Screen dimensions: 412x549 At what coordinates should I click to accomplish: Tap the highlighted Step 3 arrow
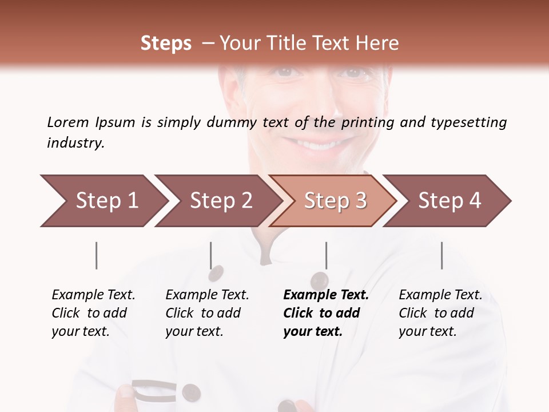pyautogui.click(x=333, y=201)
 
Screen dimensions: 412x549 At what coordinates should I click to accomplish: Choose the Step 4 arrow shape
pyautogui.click(x=448, y=201)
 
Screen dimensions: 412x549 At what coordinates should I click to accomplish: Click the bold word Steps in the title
pyautogui.click(x=166, y=43)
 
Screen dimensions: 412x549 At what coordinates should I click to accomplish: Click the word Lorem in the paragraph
pyautogui.click(x=68, y=122)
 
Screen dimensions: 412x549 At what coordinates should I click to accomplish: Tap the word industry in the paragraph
pyautogui.click(x=75, y=143)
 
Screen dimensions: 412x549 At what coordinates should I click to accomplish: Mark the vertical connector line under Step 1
pyautogui.click(x=96, y=255)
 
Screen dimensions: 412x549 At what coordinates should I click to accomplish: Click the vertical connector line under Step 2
pyautogui.click(x=210, y=255)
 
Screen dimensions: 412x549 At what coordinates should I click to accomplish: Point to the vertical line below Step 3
pyautogui.click(x=326, y=255)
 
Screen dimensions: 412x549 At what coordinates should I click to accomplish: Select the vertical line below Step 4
pyautogui.click(x=441, y=255)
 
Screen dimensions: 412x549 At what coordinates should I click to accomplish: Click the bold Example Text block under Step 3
pyautogui.click(x=325, y=313)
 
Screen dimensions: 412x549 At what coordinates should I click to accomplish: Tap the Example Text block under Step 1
pyautogui.click(x=93, y=313)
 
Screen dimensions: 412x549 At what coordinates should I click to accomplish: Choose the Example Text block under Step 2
pyautogui.click(x=206, y=313)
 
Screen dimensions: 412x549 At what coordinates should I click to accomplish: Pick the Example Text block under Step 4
pyautogui.click(x=440, y=313)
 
